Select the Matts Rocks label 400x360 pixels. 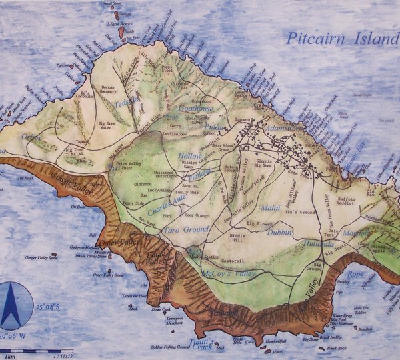119,24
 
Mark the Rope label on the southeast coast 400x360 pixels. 355,273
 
